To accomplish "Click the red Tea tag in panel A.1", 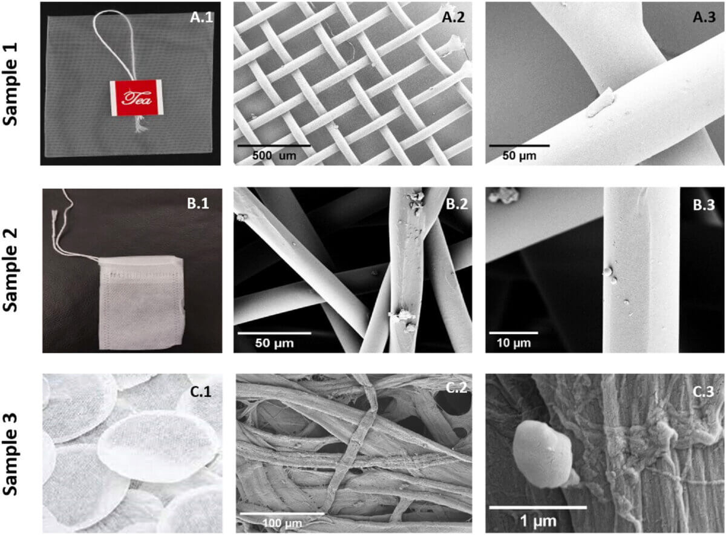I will coord(136,97).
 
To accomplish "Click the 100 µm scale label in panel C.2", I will coord(281,522).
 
